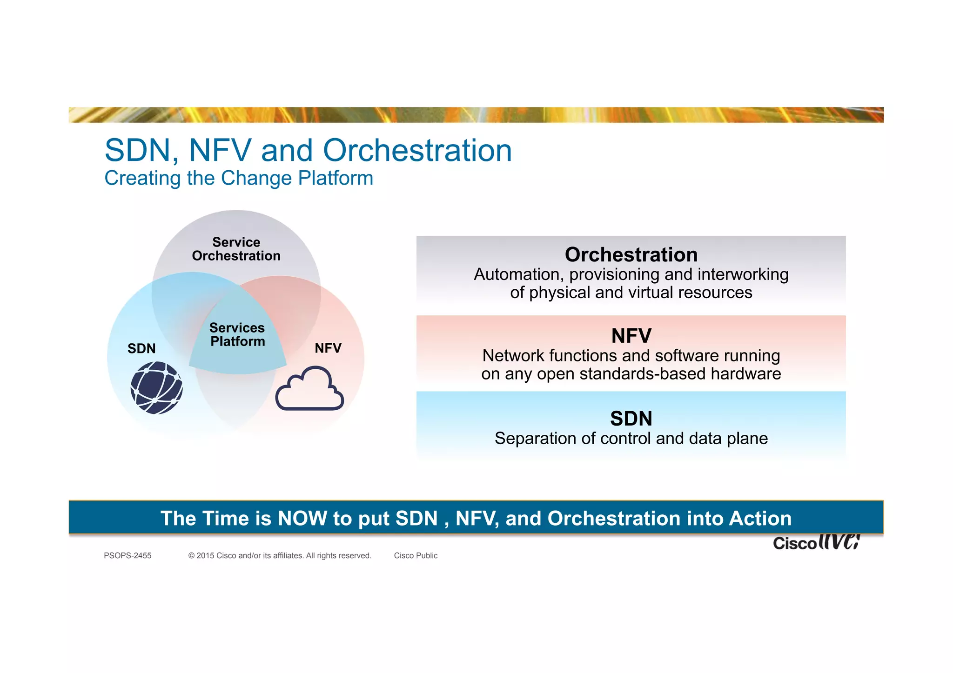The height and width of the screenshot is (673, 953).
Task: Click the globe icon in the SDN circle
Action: pos(156,388)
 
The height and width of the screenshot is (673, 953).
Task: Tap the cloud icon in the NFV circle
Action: pos(309,389)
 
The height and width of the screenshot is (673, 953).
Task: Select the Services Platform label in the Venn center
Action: pos(237,334)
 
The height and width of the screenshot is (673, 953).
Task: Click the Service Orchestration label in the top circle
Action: pos(236,249)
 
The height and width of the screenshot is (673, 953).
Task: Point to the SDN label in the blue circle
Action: pos(141,348)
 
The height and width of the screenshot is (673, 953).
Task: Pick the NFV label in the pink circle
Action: pos(328,348)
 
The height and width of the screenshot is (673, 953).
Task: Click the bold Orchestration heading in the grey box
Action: pos(631,255)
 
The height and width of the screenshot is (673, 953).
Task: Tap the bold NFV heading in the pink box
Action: pos(631,336)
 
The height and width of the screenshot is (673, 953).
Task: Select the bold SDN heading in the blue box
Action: pos(631,419)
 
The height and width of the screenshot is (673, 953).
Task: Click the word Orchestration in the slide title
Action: pos(417,151)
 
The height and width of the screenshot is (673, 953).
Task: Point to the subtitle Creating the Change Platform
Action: pos(239,178)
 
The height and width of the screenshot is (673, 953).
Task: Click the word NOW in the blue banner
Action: pos(302,518)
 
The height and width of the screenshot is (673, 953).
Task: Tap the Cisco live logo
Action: pos(816,542)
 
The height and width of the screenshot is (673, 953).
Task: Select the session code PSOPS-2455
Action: pos(128,555)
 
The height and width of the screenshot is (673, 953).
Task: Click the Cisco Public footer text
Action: pos(416,555)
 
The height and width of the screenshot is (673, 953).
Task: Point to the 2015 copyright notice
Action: pos(280,555)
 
